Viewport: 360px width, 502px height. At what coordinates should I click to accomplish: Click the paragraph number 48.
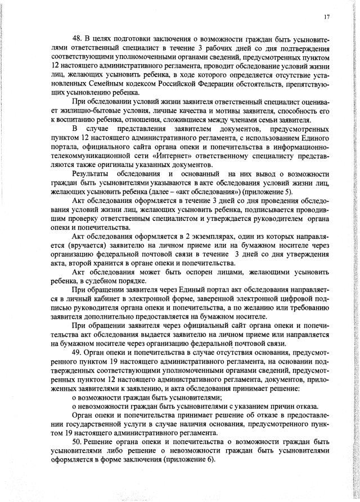point(78,38)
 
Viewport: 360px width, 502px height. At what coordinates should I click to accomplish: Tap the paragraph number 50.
point(78,442)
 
